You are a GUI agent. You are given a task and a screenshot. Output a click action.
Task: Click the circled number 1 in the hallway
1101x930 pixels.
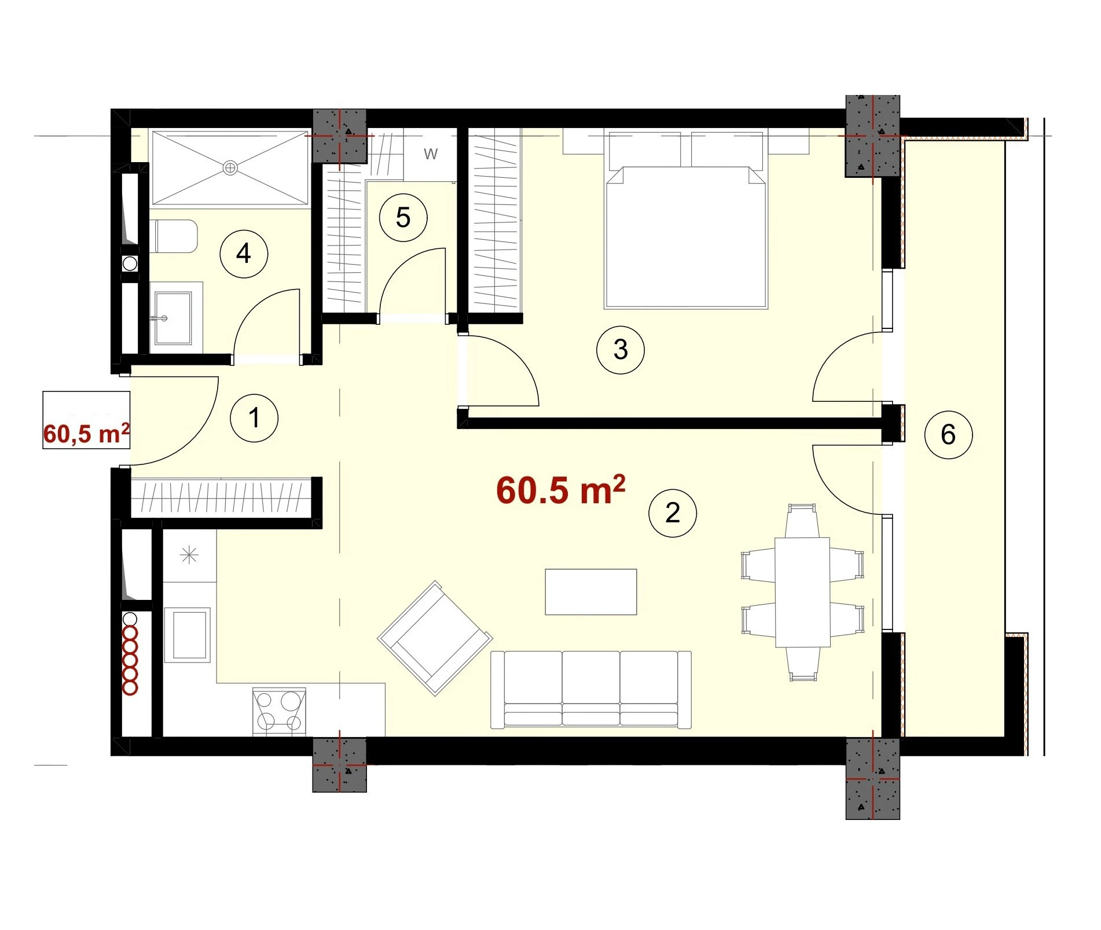click(x=254, y=418)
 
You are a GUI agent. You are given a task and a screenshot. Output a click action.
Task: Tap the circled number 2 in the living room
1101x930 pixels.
click(x=672, y=513)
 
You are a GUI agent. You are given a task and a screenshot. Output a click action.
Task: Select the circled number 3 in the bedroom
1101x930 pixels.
click(x=620, y=350)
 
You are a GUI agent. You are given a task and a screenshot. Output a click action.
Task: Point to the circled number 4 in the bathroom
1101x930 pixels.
click(x=244, y=254)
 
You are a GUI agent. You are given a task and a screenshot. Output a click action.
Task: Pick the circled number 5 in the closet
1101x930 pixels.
click(x=403, y=218)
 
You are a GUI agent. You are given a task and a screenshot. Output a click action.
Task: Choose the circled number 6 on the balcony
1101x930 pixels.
click(x=948, y=435)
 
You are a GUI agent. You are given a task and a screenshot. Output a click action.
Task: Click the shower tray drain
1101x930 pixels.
click(x=230, y=168)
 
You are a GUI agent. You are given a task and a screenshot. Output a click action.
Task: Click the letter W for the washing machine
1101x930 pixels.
click(x=431, y=154)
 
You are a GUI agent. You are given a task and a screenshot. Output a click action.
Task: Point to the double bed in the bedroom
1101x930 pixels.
click(x=685, y=220)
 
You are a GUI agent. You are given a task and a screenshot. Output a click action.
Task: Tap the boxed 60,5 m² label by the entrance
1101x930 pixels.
click(x=86, y=433)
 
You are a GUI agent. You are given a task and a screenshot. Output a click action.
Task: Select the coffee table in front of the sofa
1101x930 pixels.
click(x=591, y=592)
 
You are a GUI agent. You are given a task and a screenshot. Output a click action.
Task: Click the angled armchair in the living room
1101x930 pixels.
click(x=435, y=638)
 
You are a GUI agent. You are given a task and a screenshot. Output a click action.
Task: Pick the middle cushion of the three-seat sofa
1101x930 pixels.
click(x=590, y=688)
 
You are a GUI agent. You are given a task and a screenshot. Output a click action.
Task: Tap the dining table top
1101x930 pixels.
click(x=802, y=592)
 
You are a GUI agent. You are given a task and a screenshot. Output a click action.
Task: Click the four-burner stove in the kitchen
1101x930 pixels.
click(x=280, y=712)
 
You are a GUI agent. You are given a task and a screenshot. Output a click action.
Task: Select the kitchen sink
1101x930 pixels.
click(x=188, y=635)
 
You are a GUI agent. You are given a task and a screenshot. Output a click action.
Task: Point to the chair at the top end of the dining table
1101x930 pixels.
click(x=802, y=521)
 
